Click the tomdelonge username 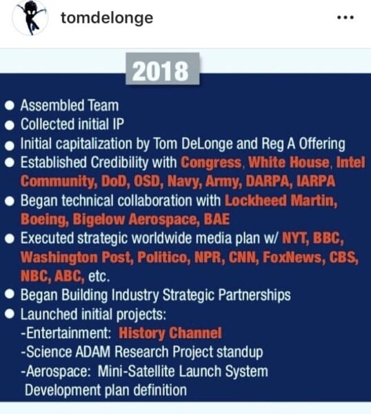107,18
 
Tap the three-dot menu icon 345,18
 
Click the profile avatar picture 30,18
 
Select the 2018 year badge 162,69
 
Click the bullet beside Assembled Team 10,106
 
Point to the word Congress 211,162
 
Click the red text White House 289,162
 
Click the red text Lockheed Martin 281,201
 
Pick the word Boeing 45,219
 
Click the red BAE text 217,219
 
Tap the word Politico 163,257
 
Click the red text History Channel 170,333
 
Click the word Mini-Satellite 136,371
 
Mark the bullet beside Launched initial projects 10,314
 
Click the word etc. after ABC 99,276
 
